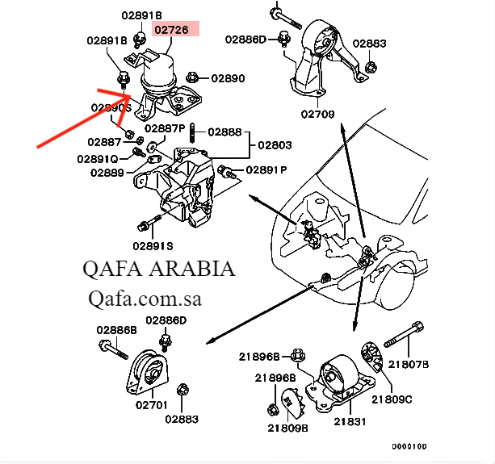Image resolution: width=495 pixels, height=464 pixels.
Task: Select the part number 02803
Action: pos(275,145)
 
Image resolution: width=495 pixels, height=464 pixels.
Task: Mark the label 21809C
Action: pos(392,398)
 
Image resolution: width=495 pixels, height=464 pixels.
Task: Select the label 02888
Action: pos(225,131)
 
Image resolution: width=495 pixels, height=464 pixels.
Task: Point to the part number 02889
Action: pos(107,172)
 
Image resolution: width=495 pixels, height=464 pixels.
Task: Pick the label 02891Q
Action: pos(98,159)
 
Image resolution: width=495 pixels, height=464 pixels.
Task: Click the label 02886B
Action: pos(116,330)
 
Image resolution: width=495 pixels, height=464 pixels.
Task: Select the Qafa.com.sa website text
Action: pos(144,299)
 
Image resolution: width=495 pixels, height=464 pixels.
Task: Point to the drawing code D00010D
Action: pos(409,446)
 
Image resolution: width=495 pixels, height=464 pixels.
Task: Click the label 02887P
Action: pos(166,128)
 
